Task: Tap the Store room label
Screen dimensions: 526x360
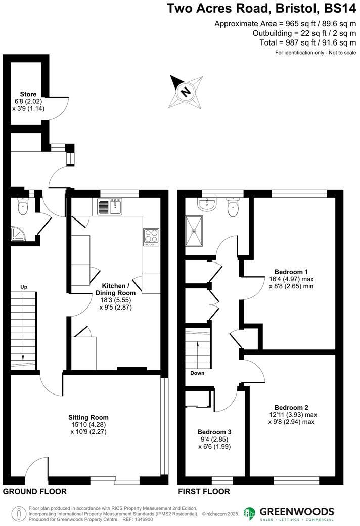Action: point(28,94)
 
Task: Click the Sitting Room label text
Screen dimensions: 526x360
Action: point(88,417)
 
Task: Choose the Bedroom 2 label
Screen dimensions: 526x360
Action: point(291,407)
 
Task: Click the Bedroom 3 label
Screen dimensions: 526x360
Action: point(214,432)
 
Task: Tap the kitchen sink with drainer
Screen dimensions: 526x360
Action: point(110,206)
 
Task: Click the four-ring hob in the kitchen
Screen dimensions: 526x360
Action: point(151,236)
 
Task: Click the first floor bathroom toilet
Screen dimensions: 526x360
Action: point(233,207)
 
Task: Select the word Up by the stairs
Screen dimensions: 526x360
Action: point(24,287)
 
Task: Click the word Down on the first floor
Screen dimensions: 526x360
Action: point(197,374)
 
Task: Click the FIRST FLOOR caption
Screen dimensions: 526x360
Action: point(204,491)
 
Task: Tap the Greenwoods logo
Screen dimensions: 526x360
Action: point(289,513)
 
